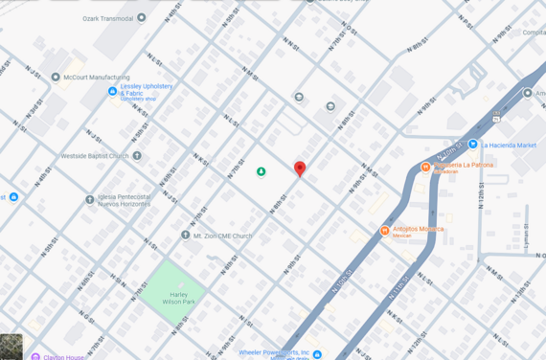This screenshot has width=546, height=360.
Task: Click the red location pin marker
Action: tap(300, 169)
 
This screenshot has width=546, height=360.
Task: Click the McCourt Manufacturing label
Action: tap(97, 78)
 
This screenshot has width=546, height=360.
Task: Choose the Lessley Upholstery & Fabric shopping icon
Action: tap(112, 92)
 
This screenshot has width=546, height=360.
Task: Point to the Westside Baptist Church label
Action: tap(95, 156)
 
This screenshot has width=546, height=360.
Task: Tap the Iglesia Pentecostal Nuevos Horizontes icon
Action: tap(90, 200)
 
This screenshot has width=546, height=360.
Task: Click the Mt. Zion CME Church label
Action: tap(222, 236)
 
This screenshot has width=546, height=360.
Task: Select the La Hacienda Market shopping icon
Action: tap(472, 145)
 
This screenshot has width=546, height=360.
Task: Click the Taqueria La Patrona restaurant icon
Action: tap(425, 167)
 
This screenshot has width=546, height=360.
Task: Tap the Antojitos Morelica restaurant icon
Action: tap(384, 230)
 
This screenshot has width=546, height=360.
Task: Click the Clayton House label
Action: tap(65, 357)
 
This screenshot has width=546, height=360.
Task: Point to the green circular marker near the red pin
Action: tap(261, 171)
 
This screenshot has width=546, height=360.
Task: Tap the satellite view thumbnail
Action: tap(11, 347)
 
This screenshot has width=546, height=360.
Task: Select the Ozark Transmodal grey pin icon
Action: tap(142, 17)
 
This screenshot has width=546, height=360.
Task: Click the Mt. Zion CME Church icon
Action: tap(185, 235)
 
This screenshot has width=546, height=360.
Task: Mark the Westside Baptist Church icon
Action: tap(137, 155)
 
